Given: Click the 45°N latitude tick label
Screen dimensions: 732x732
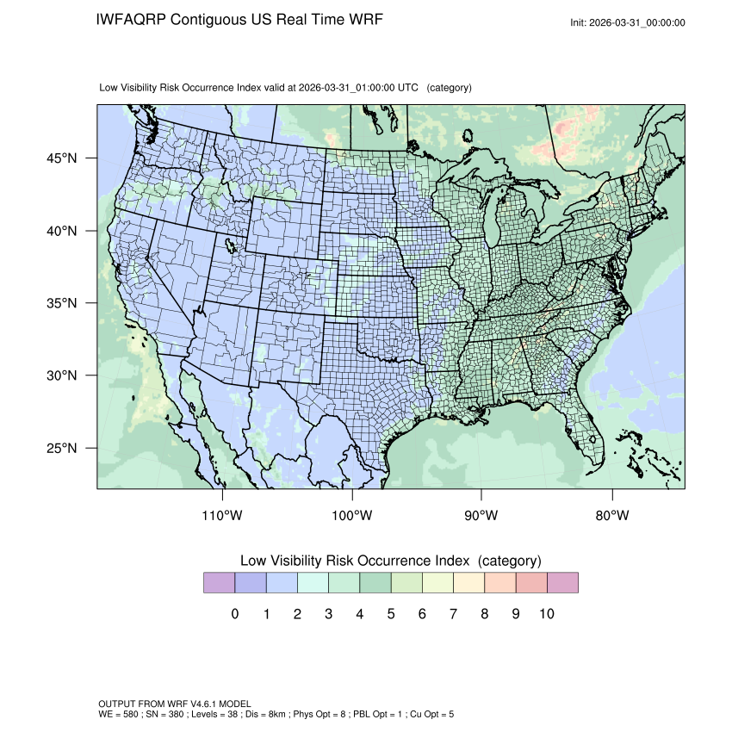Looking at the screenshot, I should (66, 158).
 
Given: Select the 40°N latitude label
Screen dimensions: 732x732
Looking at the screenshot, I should (66, 231).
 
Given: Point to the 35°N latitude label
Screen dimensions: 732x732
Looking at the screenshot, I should (66, 303).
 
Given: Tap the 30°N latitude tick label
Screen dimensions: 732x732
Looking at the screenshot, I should (66, 375).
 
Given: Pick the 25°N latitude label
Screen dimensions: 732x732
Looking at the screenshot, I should (66, 448).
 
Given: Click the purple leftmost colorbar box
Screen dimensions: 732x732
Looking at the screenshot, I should (219, 583).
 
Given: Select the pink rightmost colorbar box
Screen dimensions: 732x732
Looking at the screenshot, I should (562, 583).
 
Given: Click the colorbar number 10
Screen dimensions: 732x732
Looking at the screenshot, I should (547, 614).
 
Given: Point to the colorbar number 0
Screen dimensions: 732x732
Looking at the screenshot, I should (235, 614).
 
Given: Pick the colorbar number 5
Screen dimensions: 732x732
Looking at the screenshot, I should (391, 614).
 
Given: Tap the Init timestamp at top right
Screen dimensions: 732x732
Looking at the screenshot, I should (628, 22).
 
